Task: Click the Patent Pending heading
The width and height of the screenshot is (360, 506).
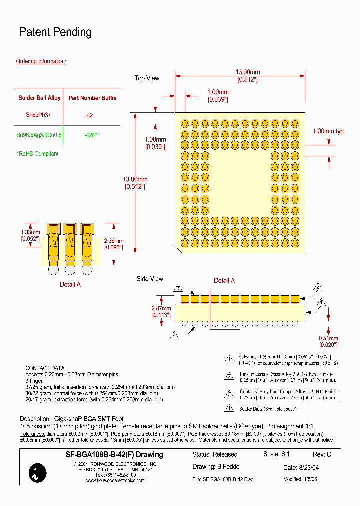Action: pos(55,32)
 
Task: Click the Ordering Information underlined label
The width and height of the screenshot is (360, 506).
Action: pos(41,61)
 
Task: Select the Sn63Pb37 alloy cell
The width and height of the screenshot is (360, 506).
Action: pos(38,115)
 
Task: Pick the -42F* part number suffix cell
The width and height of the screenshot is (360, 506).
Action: pos(90,135)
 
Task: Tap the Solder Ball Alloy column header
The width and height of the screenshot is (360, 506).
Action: pos(39,98)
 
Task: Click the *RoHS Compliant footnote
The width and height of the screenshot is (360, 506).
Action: pos(37,154)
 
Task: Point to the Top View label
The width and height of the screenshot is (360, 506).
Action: pos(147,78)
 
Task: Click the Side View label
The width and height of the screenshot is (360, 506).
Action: pos(150,279)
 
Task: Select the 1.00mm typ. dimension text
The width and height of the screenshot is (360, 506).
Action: pos(329,131)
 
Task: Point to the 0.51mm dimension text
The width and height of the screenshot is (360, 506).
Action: pos(328,341)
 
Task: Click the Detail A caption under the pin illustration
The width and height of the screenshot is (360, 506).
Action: pos(70,284)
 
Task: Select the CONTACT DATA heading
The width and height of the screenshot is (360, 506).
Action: pos(45,368)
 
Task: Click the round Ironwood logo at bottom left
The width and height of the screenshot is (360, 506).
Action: pos(38,472)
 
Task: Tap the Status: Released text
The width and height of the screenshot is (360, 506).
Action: pos(215,455)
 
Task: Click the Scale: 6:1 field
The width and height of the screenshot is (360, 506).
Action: pos(276,454)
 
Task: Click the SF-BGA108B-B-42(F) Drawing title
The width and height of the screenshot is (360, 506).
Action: pos(114,455)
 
